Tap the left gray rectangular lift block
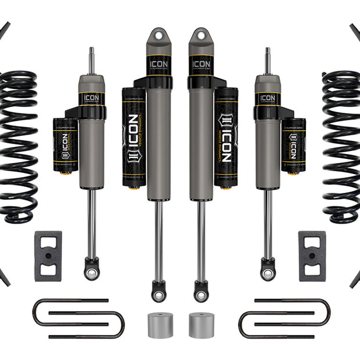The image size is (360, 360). (48, 255)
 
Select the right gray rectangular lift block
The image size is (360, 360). (312, 255)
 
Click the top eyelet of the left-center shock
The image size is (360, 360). (159, 36)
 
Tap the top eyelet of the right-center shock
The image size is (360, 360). (201, 36)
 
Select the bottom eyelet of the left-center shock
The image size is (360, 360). (159, 292)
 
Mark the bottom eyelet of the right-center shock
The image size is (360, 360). (201, 292)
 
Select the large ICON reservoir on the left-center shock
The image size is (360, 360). (134, 136)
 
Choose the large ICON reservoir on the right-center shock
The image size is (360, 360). (226, 136)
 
